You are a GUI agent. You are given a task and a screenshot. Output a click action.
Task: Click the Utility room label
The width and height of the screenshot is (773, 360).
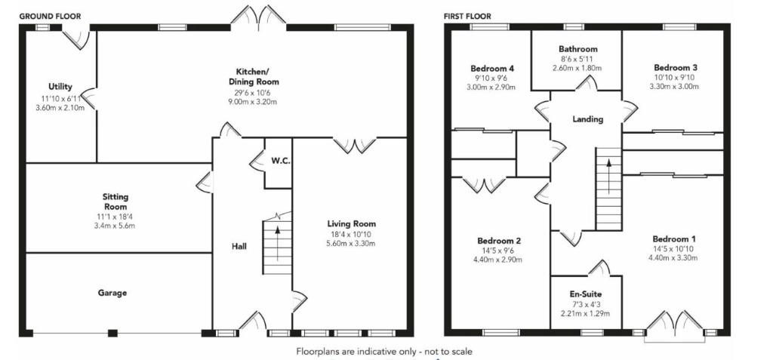[60, 87]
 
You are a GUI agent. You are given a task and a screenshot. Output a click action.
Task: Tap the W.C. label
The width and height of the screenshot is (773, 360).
[279, 162]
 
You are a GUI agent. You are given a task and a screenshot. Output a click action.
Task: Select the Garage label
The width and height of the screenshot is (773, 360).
[112, 293]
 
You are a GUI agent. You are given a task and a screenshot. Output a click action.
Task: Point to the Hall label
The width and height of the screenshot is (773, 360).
[239, 246]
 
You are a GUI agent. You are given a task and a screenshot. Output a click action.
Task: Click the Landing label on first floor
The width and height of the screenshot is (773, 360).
[587, 118]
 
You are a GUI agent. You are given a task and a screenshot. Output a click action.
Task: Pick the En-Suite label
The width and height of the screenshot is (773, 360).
[586, 295]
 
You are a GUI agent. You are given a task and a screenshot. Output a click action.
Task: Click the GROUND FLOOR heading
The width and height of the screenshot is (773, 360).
[50, 17]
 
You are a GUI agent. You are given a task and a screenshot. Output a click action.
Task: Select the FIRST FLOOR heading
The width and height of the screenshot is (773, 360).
[467, 17]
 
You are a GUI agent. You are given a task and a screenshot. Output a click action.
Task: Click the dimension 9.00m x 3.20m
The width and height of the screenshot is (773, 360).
[254, 102]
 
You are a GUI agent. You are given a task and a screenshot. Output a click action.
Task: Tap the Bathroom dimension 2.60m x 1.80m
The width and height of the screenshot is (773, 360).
[577, 68]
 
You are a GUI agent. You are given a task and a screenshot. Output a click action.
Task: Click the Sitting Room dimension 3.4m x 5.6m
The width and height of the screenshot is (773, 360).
[115, 226]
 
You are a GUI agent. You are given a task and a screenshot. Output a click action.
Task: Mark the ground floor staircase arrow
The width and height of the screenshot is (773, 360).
[278, 243]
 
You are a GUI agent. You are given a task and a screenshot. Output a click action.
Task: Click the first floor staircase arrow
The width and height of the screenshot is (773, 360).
[609, 176]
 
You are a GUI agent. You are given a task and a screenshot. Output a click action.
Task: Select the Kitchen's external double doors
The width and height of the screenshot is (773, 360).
[259, 17]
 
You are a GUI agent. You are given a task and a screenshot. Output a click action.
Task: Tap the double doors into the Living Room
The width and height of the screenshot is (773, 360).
[355, 144]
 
